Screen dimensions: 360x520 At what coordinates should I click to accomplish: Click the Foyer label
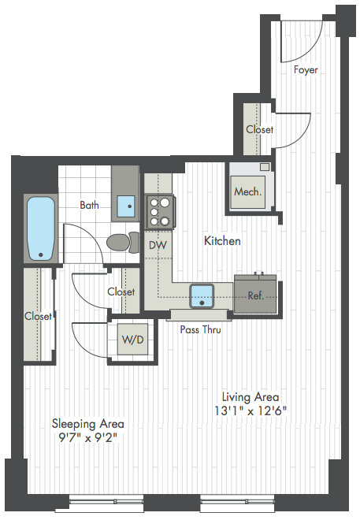(x=306, y=70)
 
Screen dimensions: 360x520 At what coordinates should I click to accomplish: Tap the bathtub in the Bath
(x=41, y=228)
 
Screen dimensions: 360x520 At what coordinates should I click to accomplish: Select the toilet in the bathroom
(x=124, y=243)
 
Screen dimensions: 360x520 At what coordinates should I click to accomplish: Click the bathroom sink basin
(x=126, y=206)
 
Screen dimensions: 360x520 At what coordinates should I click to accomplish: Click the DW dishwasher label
(x=158, y=245)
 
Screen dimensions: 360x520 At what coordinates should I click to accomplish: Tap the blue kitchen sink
(x=202, y=295)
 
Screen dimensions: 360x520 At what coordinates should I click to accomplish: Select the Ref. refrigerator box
(x=255, y=295)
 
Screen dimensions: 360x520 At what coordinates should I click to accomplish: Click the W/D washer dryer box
(x=132, y=340)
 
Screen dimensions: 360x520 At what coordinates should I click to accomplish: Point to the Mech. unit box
(x=248, y=191)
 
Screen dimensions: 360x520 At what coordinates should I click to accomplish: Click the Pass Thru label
(x=201, y=329)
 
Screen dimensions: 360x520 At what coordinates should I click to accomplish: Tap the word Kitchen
(x=222, y=241)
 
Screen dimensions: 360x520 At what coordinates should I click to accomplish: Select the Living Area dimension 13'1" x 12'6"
(x=250, y=411)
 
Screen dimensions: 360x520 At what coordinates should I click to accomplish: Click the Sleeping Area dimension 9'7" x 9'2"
(x=88, y=438)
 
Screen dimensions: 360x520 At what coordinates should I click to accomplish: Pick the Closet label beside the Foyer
(x=259, y=129)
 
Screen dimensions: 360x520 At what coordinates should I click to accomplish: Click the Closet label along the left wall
(x=38, y=316)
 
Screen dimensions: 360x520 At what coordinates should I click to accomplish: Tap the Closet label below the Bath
(x=121, y=292)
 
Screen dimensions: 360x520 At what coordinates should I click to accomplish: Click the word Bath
(x=89, y=205)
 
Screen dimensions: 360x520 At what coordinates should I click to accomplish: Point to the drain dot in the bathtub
(x=41, y=254)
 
